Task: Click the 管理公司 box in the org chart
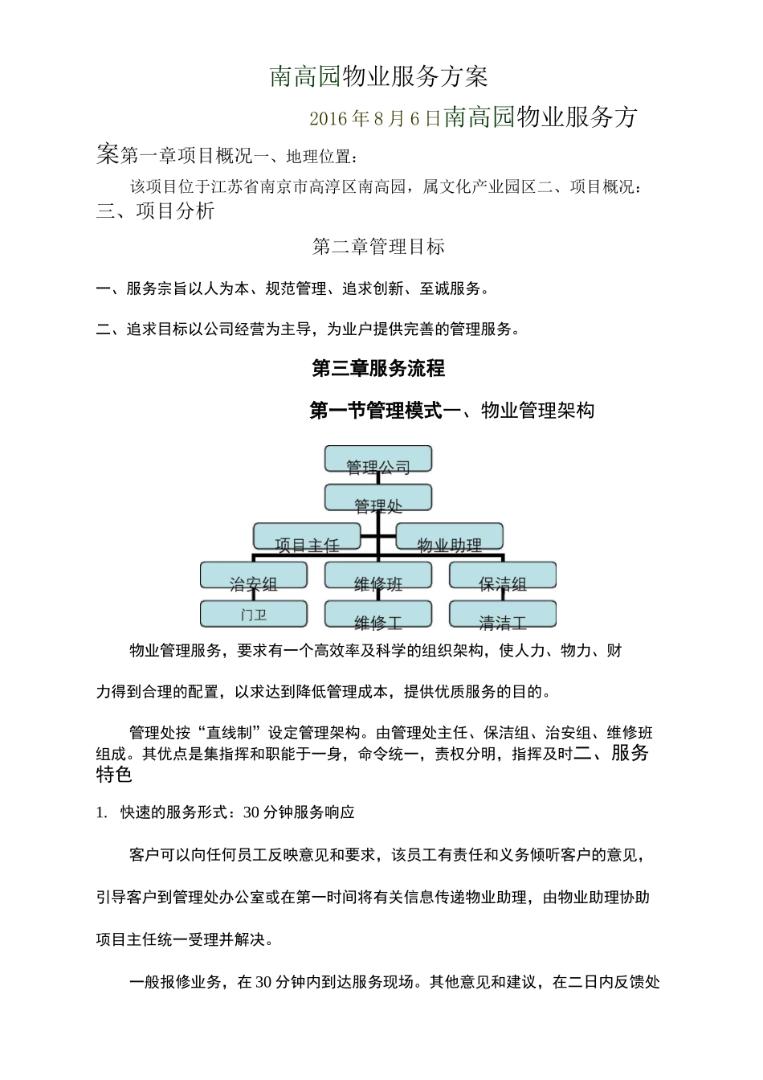(378, 459)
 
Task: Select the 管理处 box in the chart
(378, 498)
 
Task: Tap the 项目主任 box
(308, 537)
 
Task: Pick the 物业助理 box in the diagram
(450, 537)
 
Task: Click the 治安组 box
(254, 575)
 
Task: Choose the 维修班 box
(378, 575)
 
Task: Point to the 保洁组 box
(503, 575)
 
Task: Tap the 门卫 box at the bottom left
(254, 615)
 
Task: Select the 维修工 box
(378, 615)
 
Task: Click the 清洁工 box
(503, 615)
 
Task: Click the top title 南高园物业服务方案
(378, 77)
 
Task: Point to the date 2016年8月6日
(375, 119)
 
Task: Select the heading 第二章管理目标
(378, 247)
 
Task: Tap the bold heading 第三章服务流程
(378, 369)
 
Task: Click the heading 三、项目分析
(156, 211)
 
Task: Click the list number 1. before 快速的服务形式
(101, 812)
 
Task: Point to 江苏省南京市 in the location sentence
(261, 188)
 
